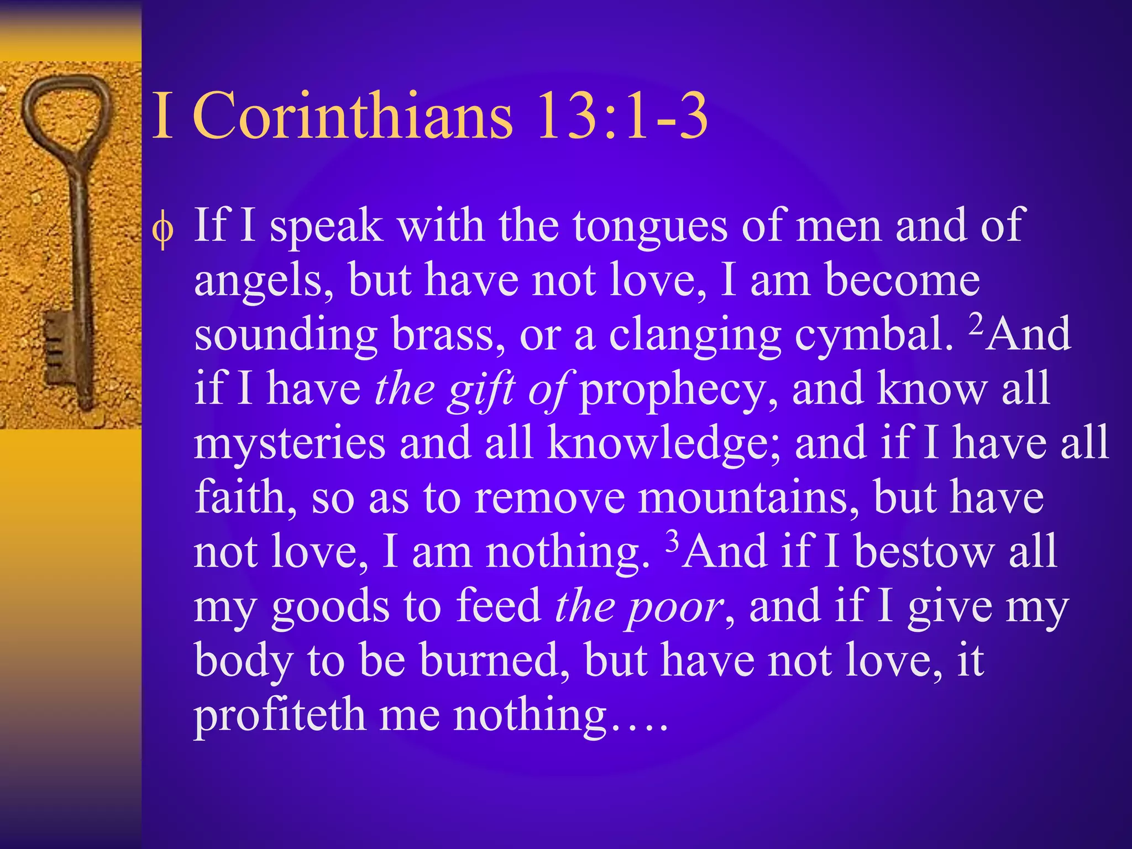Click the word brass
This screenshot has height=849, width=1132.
[x=448, y=334]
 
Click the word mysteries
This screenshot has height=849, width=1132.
[x=290, y=444]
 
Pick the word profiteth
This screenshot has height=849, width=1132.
[x=280, y=715]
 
